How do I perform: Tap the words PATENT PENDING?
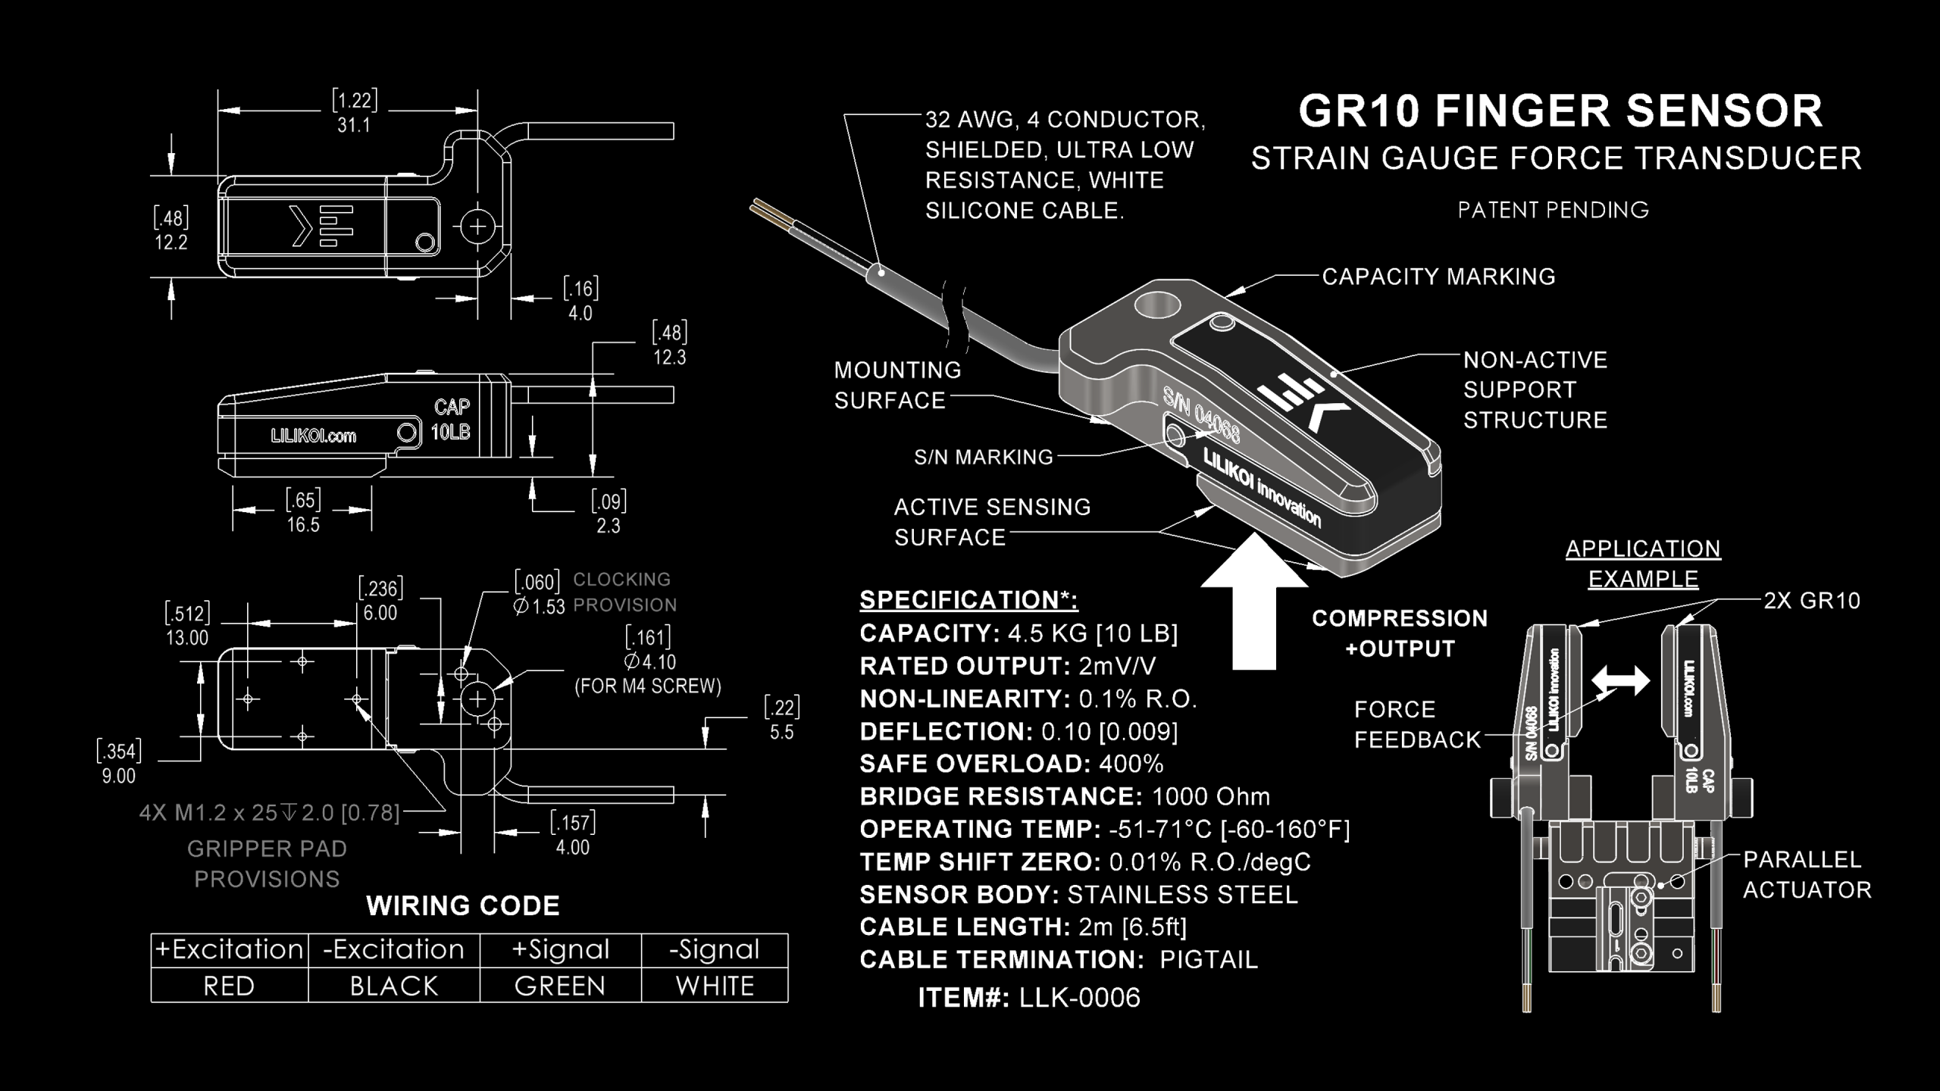(1553, 210)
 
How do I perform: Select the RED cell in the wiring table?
(229, 986)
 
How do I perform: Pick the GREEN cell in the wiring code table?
(560, 986)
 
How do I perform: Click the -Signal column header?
(714, 949)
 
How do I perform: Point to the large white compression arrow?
(1254, 606)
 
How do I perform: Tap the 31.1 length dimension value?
(354, 125)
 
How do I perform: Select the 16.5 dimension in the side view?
(303, 524)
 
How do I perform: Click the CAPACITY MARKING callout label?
(1438, 277)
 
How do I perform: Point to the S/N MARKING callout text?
(984, 457)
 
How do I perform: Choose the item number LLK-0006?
(1079, 998)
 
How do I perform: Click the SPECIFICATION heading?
(968, 599)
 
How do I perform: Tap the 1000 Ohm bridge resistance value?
(1211, 796)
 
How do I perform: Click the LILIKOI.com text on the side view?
(313, 436)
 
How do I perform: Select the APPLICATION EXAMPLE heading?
(1643, 564)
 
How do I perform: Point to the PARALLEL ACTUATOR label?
(1807, 874)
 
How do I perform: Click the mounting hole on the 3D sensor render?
(1157, 308)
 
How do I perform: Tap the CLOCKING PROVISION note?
(624, 592)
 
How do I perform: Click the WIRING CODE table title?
(463, 905)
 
